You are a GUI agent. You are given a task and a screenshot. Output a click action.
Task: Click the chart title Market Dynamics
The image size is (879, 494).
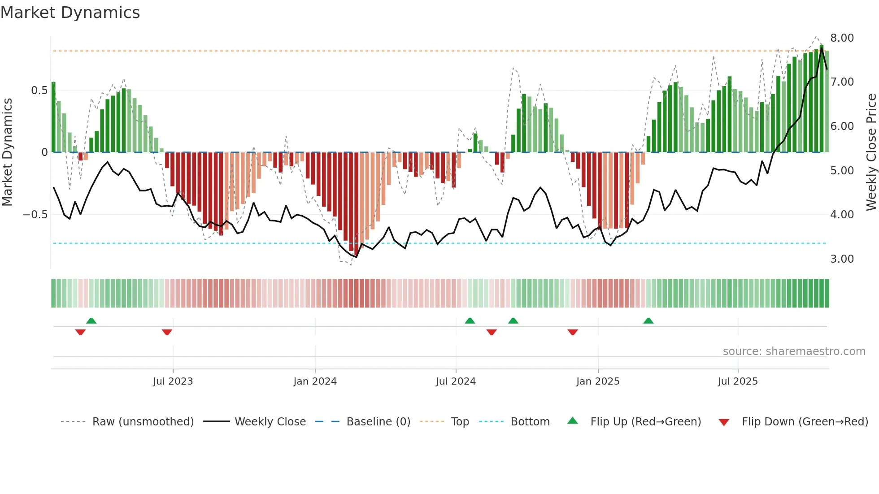pos(70,13)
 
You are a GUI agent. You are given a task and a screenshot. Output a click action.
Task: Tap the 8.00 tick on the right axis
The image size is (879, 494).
pos(842,38)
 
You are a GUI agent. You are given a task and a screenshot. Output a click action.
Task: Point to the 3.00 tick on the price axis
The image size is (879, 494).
pos(842,259)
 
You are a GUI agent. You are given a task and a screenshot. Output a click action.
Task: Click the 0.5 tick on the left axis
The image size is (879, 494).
pos(39,91)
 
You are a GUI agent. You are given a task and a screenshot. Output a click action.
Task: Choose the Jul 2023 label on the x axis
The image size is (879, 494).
pos(173,381)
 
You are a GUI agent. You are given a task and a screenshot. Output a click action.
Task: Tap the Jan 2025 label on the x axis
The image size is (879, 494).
pos(597,381)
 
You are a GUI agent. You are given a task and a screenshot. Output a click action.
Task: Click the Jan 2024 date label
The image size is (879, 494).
pos(315,381)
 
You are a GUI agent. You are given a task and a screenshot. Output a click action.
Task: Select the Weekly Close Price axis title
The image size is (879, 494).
pos(871,152)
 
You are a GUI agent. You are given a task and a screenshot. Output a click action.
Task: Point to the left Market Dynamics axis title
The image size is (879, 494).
pos(7,152)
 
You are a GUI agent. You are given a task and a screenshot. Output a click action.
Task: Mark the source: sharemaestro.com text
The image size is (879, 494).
pos(794,351)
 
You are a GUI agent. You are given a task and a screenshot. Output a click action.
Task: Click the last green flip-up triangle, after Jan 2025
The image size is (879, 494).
pos(648,321)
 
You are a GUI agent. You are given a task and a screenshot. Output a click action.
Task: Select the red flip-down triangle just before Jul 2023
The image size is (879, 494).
pos(167,332)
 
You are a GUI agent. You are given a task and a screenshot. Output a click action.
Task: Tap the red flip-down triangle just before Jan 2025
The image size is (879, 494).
pos(573,332)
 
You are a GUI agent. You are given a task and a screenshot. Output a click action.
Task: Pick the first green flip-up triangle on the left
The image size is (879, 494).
pos(91,321)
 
